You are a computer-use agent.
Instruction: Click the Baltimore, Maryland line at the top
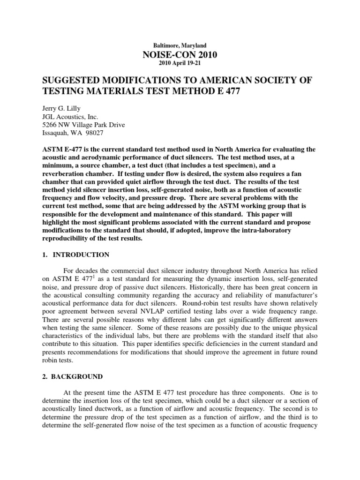click(180, 45)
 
